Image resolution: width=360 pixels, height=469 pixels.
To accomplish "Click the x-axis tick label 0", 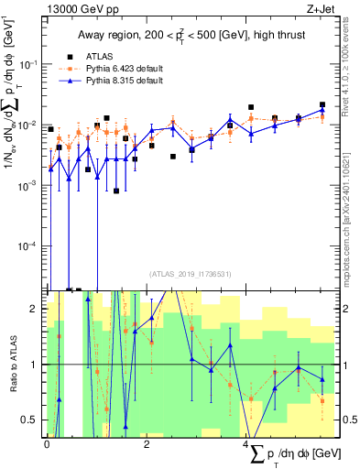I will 47,444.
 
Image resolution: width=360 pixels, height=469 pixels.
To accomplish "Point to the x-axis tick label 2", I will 147,444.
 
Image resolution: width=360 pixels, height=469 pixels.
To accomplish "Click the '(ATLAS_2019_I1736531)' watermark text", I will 190,274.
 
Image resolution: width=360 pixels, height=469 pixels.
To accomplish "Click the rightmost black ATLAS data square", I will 322,105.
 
